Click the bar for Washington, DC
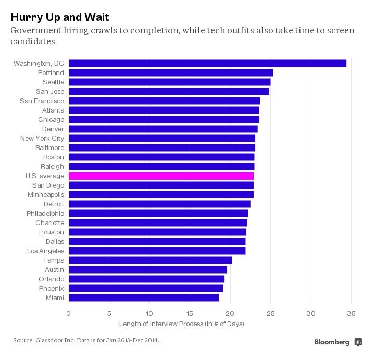tap(207, 64)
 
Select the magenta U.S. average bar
tap(161, 176)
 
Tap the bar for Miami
tap(143, 298)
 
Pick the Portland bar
tap(170, 73)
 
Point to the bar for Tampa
tap(150, 260)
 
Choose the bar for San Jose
tap(168, 92)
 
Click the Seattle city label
tap(53, 82)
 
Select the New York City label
tap(42, 139)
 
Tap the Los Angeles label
tap(45, 251)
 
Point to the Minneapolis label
tap(46, 195)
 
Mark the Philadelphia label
tap(45, 214)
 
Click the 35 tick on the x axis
tap(352, 313)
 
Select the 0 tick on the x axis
tap(68, 313)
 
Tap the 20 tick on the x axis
tap(230, 313)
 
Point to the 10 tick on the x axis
tap(149, 313)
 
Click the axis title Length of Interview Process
tap(182, 324)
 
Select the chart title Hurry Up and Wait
tap(59, 18)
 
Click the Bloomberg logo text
tap(332, 342)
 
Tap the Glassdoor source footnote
tap(86, 340)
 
